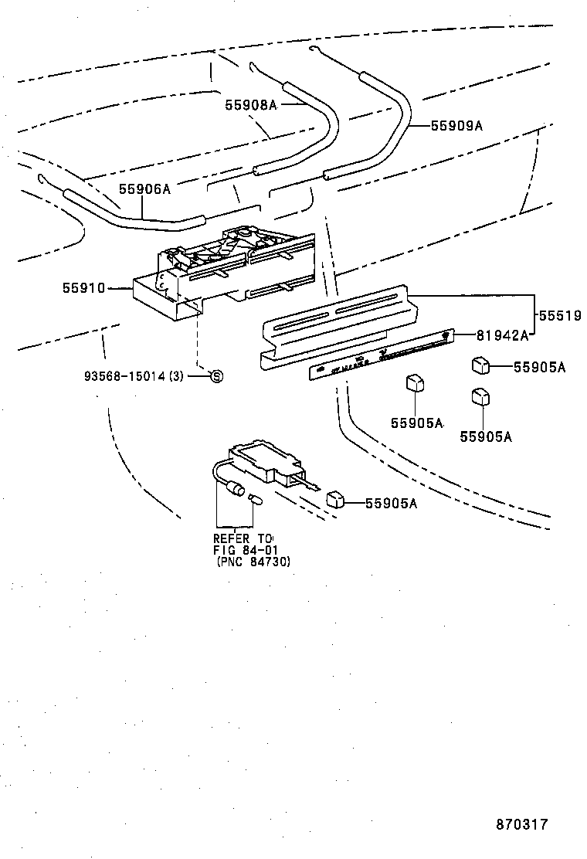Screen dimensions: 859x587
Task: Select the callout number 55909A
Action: (456, 124)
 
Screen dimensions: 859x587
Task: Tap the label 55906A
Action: (144, 188)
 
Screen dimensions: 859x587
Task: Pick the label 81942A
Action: (502, 334)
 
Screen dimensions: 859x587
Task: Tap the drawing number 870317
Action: (521, 823)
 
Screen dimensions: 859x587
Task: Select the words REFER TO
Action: (243, 538)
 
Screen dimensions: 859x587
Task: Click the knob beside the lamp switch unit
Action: (334, 499)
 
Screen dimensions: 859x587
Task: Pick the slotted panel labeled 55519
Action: (336, 324)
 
